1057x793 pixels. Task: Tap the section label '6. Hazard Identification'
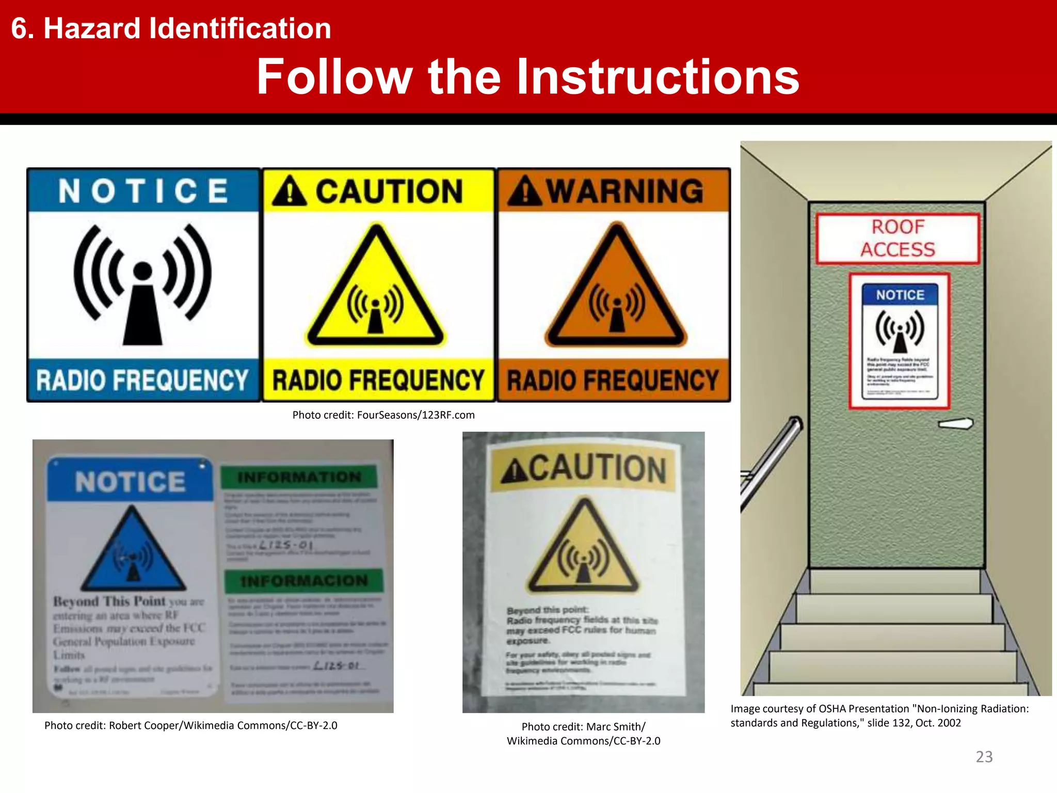(x=171, y=28)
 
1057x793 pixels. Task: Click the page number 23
(x=984, y=756)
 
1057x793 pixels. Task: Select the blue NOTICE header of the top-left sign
(x=143, y=191)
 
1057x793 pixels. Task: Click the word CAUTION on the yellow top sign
(x=389, y=192)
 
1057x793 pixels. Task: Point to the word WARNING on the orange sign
(x=624, y=191)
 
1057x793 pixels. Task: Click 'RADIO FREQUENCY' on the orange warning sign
(x=613, y=380)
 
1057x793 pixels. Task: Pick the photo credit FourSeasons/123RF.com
(x=383, y=415)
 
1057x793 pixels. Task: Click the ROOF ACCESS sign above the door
(x=898, y=239)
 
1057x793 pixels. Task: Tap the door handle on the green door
(x=955, y=424)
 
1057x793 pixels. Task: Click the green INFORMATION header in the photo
(x=299, y=477)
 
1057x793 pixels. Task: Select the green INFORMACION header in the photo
(x=304, y=581)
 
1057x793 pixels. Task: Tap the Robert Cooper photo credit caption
(x=190, y=725)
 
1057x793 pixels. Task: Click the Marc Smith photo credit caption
(x=583, y=734)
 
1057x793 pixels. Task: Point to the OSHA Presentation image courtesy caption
(x=879, y=716)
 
